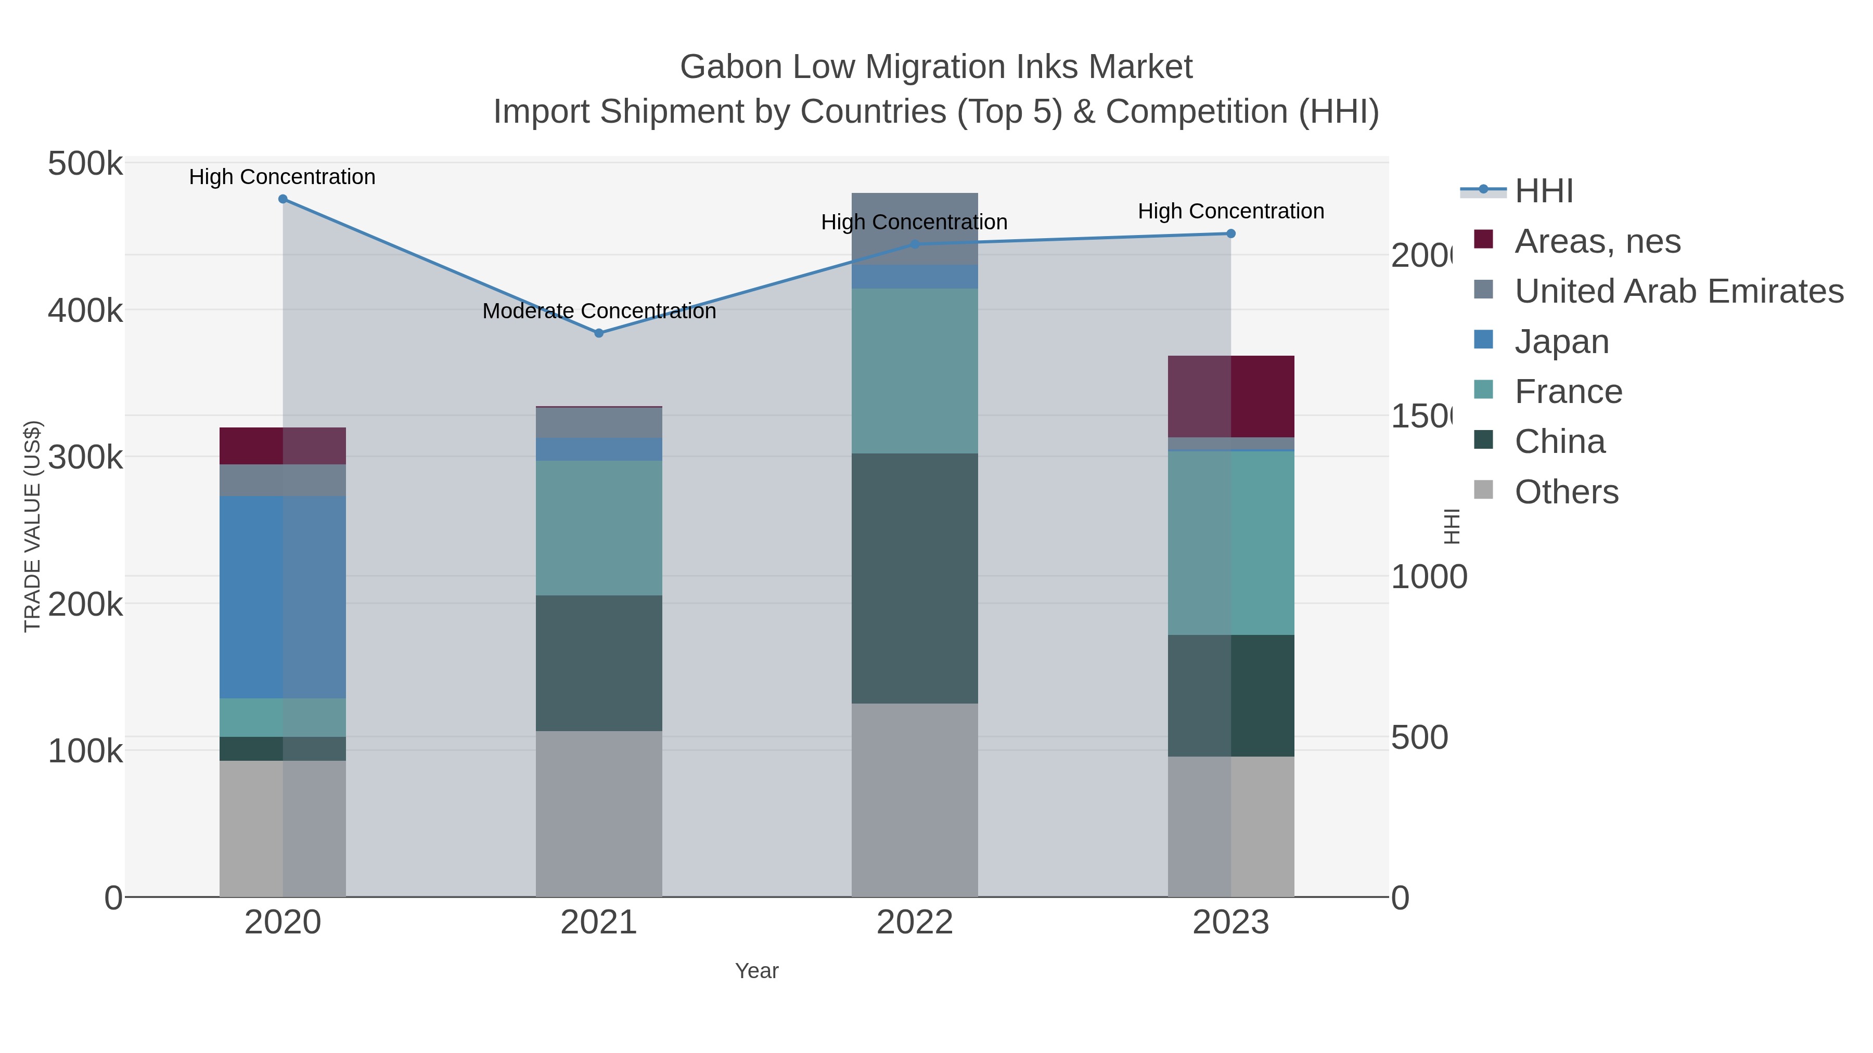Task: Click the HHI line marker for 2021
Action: pos(598,333)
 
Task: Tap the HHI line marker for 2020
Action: pos(283,199)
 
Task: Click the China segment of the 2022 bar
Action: pos(914,578)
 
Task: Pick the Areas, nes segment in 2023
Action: pos(1230,396)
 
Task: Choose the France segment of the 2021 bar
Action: pos(598,528)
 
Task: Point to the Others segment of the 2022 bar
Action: pos(914,799)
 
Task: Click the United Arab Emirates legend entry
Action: pos(1678,291)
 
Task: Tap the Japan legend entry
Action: pos(1561,342)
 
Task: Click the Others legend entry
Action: pos(1566,492)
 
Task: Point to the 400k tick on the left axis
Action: pos(85,311)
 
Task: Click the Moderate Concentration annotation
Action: pos(598,311)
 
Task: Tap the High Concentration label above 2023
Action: pos(1230,212)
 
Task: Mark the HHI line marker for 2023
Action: pos(1230,234)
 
